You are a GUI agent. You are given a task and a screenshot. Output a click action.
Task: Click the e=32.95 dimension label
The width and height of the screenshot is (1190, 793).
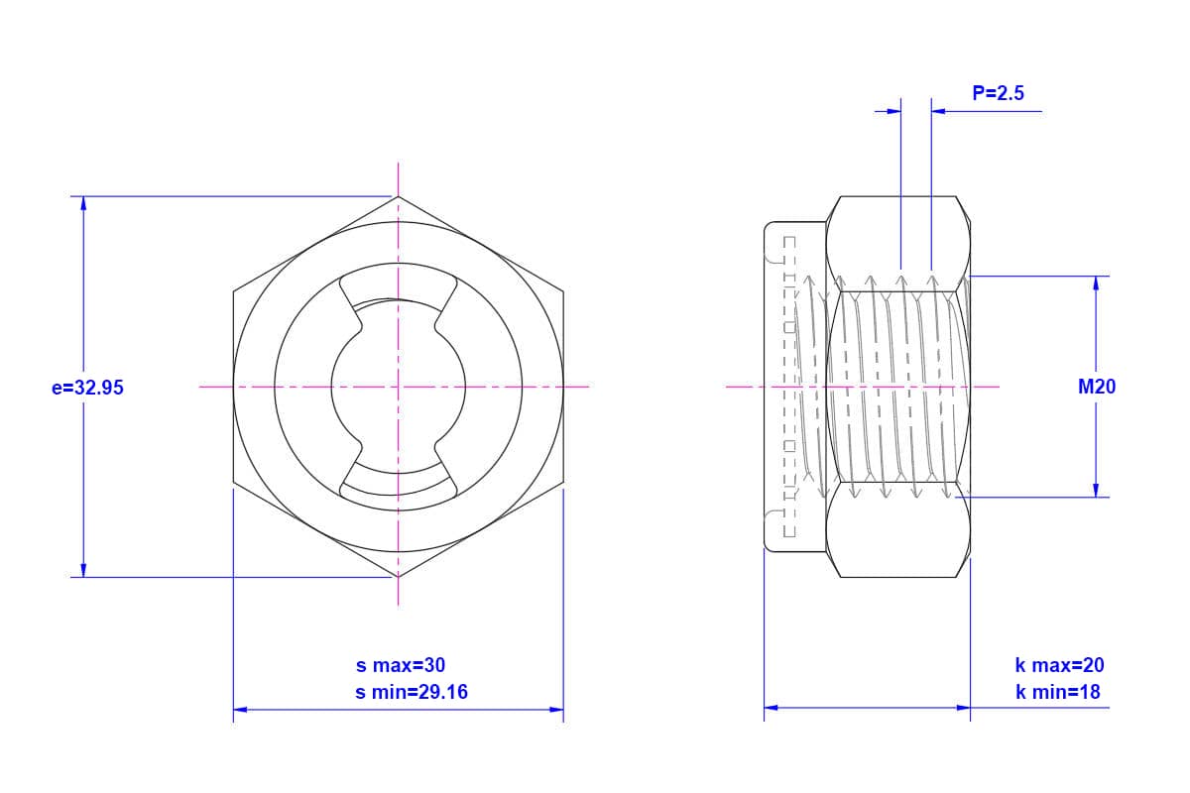(87, 388)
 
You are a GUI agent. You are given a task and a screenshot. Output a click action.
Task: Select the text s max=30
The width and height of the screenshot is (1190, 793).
(401, 665)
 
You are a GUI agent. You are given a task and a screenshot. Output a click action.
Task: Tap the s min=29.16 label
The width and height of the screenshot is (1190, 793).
(412, 692)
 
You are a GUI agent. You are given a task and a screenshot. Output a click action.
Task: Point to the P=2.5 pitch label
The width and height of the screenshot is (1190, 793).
(998, 93)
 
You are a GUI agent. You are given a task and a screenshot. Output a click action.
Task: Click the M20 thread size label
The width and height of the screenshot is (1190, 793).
(1097, 387)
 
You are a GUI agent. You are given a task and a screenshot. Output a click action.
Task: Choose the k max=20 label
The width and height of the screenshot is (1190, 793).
(1059, 665)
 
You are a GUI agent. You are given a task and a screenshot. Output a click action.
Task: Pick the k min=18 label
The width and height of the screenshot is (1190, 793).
(1058, 692)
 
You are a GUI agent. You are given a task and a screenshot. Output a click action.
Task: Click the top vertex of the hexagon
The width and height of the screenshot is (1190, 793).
(399, 196)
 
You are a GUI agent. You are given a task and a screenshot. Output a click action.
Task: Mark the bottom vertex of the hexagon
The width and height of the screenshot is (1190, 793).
(399, 577)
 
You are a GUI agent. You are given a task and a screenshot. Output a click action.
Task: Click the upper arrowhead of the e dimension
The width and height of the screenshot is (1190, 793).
(83, 203)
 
